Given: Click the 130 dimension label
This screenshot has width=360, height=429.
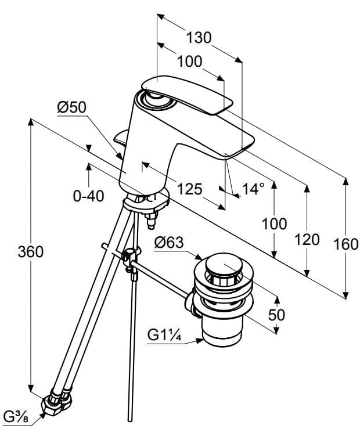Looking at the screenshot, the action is pyautogui.click(x=199, y=38).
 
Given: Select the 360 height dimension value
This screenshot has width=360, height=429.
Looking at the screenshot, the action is pyautogui.click(x=30, y=251).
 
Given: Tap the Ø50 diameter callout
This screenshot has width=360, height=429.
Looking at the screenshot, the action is pyautogui.click(x=71, y=107).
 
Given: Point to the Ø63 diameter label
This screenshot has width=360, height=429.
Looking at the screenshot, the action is pyautogui.click(x=169, y=243).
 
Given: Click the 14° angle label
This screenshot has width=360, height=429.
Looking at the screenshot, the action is pyautogui.click(x=254, y=189).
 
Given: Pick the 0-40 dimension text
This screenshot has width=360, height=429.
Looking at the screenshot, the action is pyautogui.click(x=89, y=196).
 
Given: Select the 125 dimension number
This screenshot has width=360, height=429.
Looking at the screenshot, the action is pyautogui.click(x=189, y=189).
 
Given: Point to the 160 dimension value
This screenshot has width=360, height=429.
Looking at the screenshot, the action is pyautogui.click(x=346, y=244).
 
